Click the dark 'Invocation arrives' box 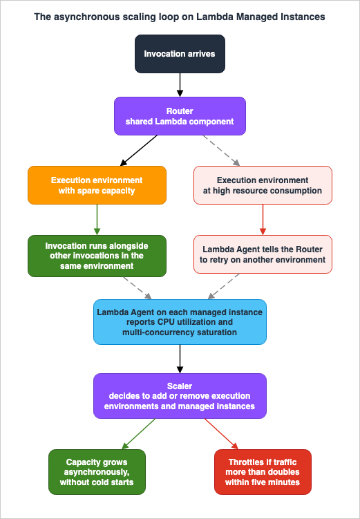(x=180, y=54)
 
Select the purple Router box (x=180, y=116)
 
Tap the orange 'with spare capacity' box (x=97, y=185)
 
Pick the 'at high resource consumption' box (x=263, y=185)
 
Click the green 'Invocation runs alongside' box (x=97, y=256)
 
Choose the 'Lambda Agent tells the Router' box (x=263, y=254)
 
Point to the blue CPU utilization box (x=180, y=322)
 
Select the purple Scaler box (x=180, y=396)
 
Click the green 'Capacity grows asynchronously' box (x=97, y=472)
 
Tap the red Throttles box (x=263, y=472)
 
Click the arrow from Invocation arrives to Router (x=180, y=85)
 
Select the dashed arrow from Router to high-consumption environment (x=221, y=150)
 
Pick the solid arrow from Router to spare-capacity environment (x=139, y=150)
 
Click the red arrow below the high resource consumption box (x=263, y=220)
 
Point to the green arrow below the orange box (x=97, y=220)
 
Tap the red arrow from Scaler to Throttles (x=221, y=434)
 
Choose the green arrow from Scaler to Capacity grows (x=139, y=434)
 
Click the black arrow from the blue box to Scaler (x=180, y=359)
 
